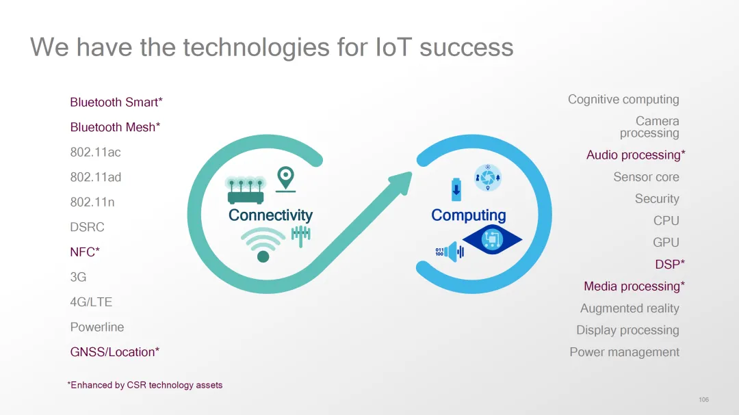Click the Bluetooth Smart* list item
[x=116, y=103]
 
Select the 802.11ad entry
[x=96, y=177]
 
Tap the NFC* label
[x=85, y=252]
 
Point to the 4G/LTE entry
[x=91, y=302]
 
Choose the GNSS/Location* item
[x=114, y=352]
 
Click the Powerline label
[x=97, y=327]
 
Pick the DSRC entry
[x=87, y=227]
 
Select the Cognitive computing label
[x=623, y=99]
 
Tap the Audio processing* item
[x=636, y=155]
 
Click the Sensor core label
[x=646, y=177]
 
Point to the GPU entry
[x=666, y=242]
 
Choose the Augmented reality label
[x=630, y=308]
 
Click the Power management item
[x=625, y=352]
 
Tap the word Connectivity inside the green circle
[x=270, y=215]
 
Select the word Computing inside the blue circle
[x=469, y=215]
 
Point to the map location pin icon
[x=285, y=179]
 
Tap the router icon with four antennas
[x=245, y=190]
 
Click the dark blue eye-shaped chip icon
[x=492, y=240]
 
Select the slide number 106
[x=703, y=399]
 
